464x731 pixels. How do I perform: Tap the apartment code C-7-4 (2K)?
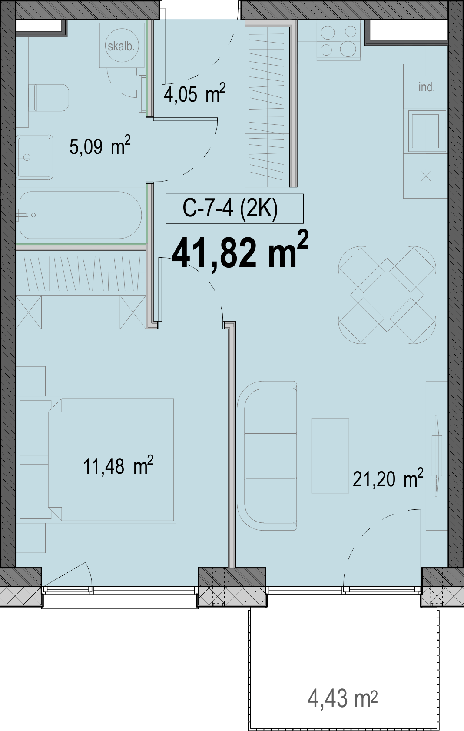click(230, 209)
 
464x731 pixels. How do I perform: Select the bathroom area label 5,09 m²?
click(100, 146)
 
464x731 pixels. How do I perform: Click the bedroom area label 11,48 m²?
click(118, 465)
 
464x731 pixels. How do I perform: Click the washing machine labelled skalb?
click(122, 45)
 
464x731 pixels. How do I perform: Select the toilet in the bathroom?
click(49, 98)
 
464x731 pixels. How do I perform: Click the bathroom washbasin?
click(35, 157)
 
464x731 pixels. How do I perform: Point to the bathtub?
click(80, 215)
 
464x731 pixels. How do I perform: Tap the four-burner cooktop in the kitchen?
click(339, 41)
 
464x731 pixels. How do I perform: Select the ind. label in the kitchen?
click(427, 87)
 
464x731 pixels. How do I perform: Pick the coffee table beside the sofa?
click(330, 456)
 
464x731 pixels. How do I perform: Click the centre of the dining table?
click(387, 295)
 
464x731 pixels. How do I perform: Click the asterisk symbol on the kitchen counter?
click(426, 176)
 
